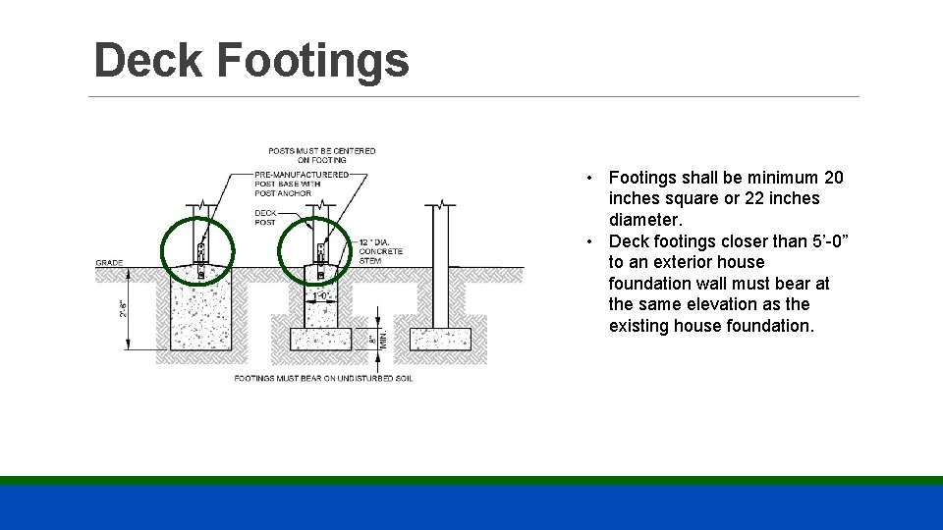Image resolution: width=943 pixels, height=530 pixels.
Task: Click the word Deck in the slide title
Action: [147, 61]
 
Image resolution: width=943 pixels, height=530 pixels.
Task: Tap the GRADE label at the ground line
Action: [109, 263]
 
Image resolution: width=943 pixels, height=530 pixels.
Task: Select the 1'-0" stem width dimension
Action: [321, 294]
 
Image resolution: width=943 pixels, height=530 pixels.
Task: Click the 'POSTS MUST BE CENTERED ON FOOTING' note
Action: [321, 155]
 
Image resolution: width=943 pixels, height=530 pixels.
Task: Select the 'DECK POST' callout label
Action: [265, 217]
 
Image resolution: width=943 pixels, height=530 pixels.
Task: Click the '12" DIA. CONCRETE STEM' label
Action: [380, 251]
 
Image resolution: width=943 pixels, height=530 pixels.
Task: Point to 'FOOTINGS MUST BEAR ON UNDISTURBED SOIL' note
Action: [313, 378]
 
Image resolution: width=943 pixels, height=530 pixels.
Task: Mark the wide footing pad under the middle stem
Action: [320, 340]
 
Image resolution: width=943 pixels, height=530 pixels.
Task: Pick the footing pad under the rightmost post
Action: [440, 340]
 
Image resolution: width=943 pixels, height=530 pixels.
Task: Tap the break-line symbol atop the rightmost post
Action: [441, 204]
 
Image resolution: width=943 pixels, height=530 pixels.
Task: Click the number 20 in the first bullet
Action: [833, 178]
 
